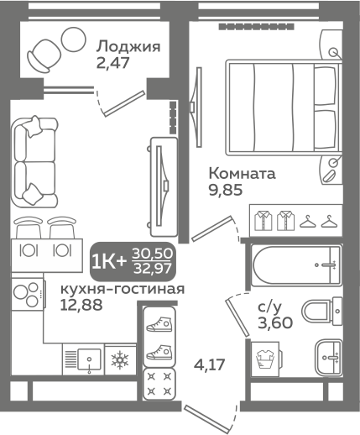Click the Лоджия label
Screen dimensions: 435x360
click(128, 46)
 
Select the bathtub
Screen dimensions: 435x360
click(294, 266)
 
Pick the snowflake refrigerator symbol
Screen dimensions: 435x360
click(121, 359)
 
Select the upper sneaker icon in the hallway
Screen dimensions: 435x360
click(159, 322)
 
